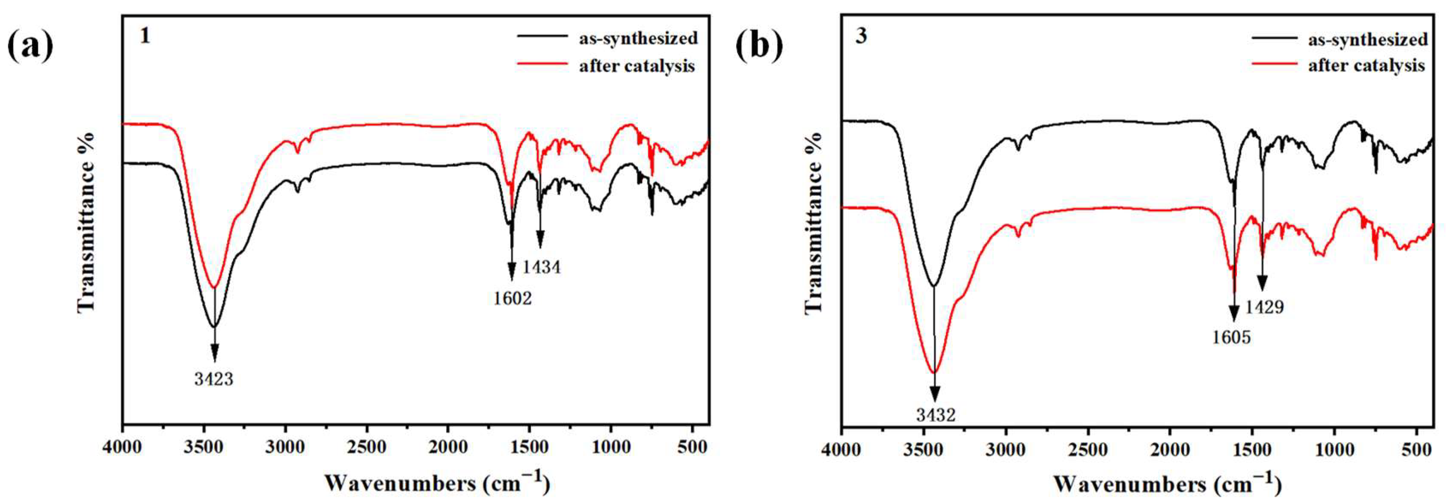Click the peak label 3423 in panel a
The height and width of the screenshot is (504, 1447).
(x=214, y=380)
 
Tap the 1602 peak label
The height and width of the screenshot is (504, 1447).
(x=512, y=298)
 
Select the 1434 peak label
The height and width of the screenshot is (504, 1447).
(x=542, y=267)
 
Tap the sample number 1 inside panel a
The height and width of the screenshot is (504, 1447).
(x=145, y=36)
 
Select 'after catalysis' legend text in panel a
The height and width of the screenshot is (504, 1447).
(x=637, y=66)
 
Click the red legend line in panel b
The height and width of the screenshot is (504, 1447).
(x=1274, y=65)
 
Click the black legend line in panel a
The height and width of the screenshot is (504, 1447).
(x=542, y=36)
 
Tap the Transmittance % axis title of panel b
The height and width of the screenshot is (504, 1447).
(x=813, y=223)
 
